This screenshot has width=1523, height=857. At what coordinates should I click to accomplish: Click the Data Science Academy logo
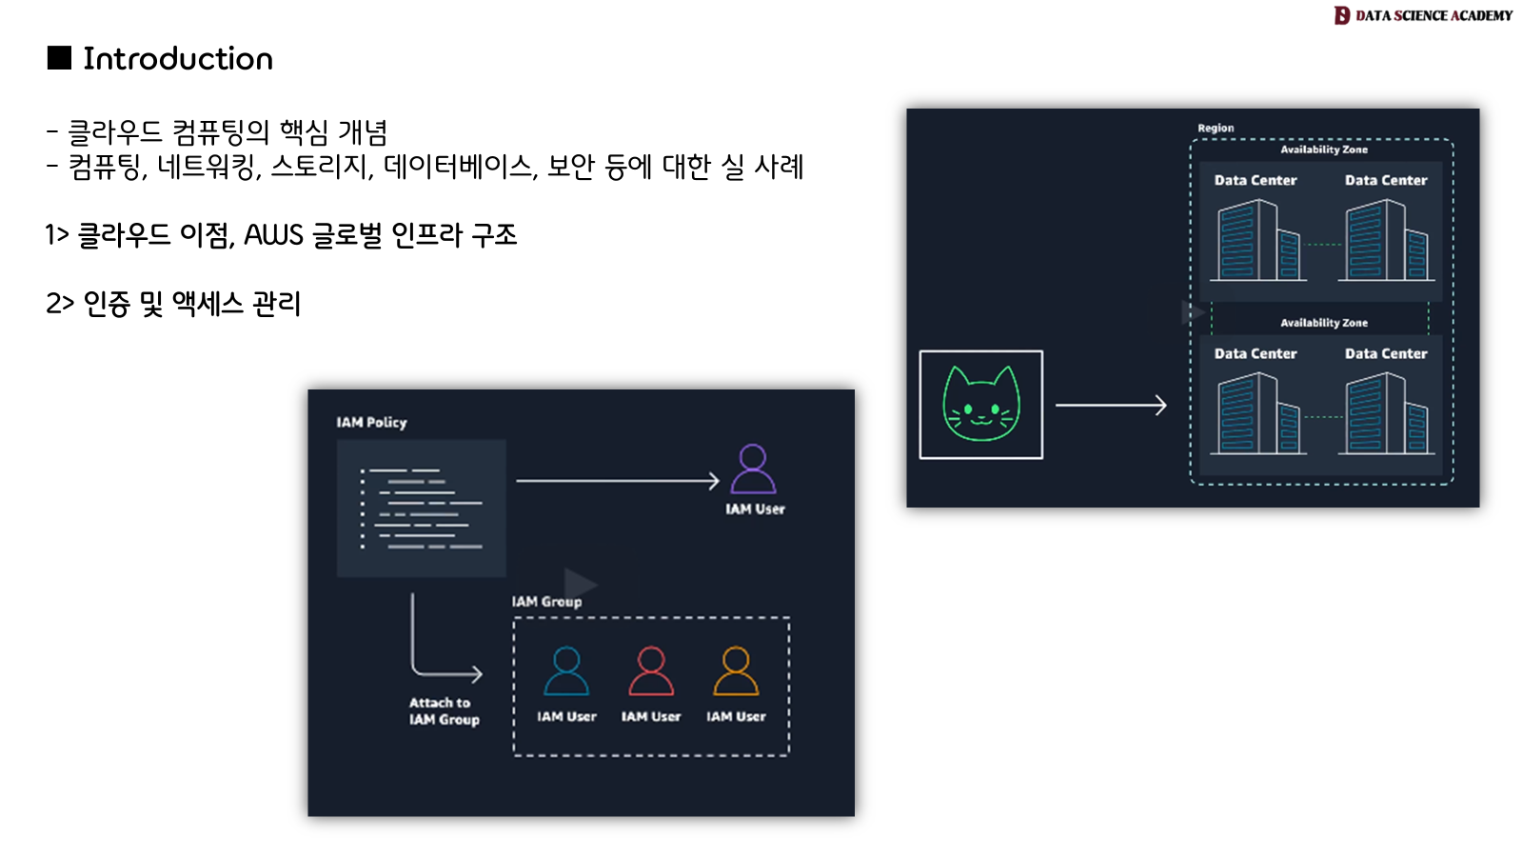coord(1422,15)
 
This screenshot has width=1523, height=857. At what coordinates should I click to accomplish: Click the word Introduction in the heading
coord(178,59)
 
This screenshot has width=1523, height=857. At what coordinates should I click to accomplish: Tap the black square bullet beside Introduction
coord(59,58)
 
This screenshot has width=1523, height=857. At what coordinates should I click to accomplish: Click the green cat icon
coord(980,405)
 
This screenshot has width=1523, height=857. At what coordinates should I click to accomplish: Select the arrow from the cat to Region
coord(1110,406)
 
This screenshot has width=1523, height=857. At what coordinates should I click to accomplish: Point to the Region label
coord(1216,128)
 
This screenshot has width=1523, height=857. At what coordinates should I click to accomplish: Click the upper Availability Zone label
coord(1323,149)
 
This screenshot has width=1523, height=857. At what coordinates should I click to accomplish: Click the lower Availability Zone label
coord(1323,323)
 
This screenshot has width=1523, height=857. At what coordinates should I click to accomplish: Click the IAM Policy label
coord(371,422)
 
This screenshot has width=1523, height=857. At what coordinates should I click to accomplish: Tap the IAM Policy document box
coord(422,508)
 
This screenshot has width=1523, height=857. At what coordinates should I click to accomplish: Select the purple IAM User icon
coord(753,468)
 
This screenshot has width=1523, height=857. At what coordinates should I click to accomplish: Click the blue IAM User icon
coord(566,671)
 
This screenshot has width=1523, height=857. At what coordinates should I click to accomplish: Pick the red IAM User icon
coord(651,671)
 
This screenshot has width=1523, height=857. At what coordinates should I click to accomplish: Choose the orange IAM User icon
coord(736,671)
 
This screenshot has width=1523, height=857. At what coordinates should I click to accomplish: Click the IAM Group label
coord(546,602)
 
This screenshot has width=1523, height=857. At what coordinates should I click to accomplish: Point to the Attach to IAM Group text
coord(444,711)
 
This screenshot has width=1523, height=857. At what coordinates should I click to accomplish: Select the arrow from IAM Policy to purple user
coord(617,481)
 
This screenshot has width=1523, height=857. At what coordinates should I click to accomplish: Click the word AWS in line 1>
coord(273,235)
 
